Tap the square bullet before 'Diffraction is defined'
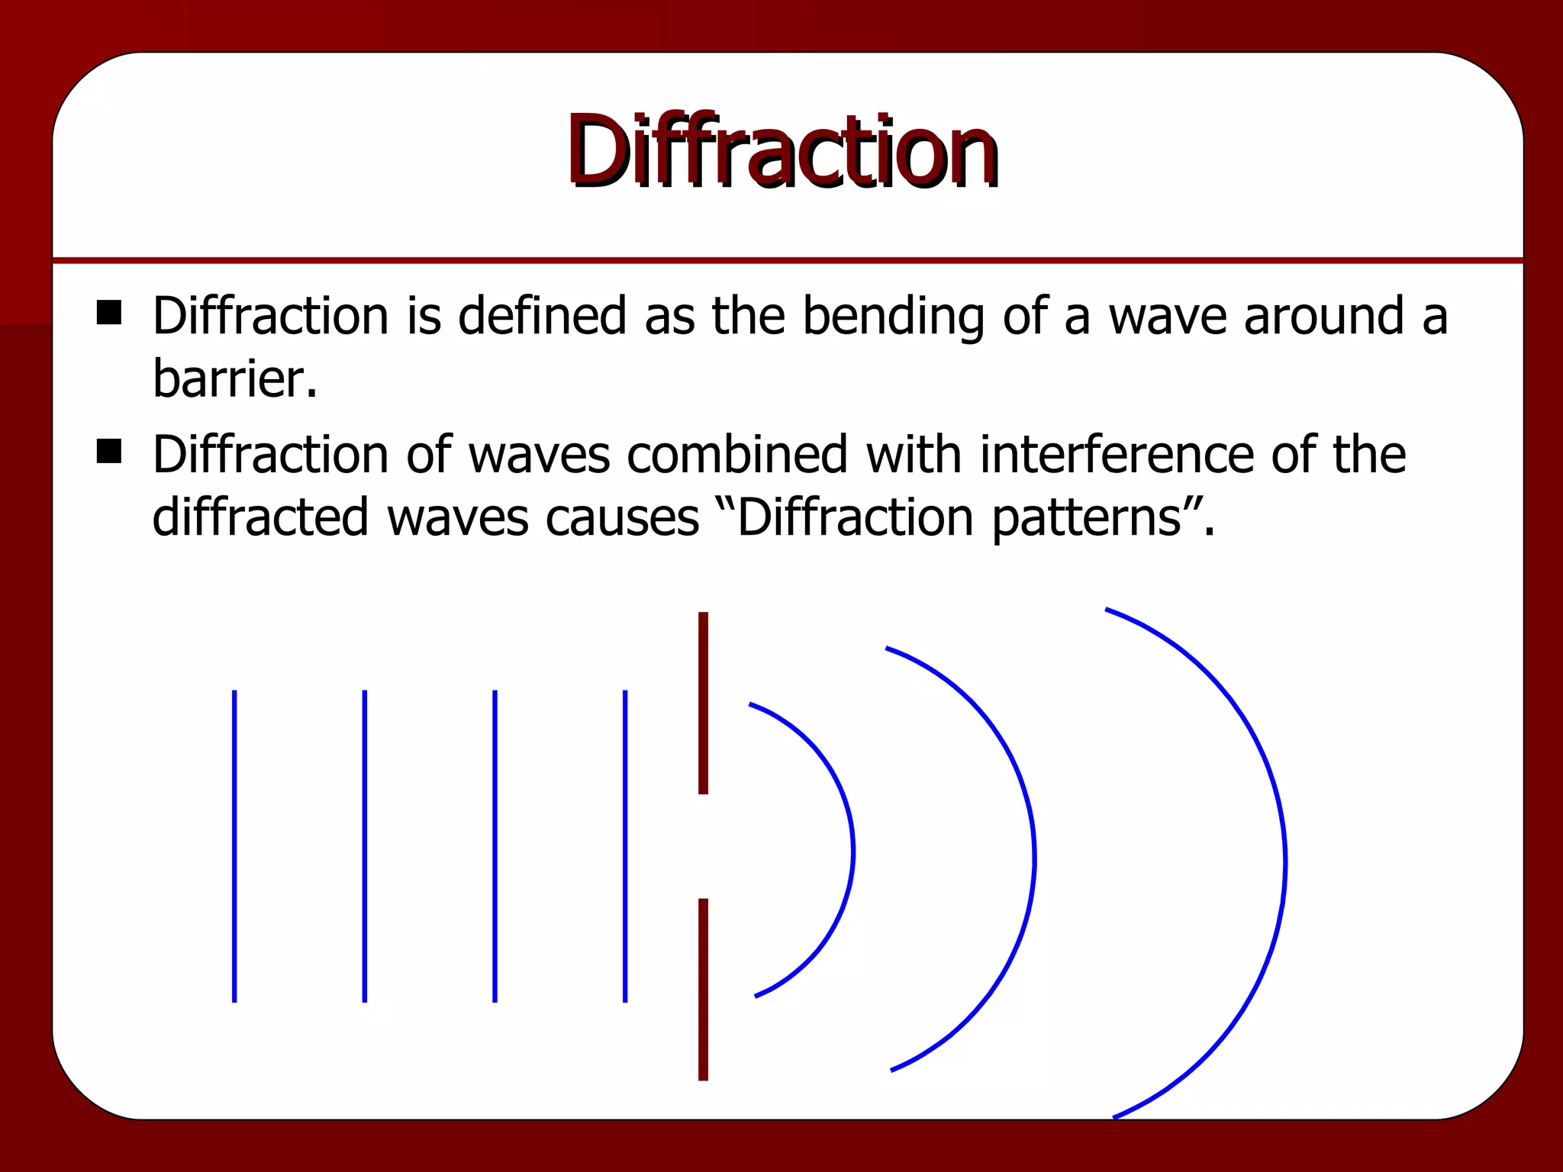tap(109, 313)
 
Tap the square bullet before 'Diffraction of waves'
tap(109, 451)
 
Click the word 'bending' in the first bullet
tap(893, 317)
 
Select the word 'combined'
tap(737, 454)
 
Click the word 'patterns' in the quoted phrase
tap(1088, 518)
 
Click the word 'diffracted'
tap(260, 517)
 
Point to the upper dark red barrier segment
tap(703, 702)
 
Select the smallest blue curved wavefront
tap(852, 851)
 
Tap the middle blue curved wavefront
tap(1033, 858)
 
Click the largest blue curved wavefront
tap(1284, 862)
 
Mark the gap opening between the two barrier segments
tap(703, 846)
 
